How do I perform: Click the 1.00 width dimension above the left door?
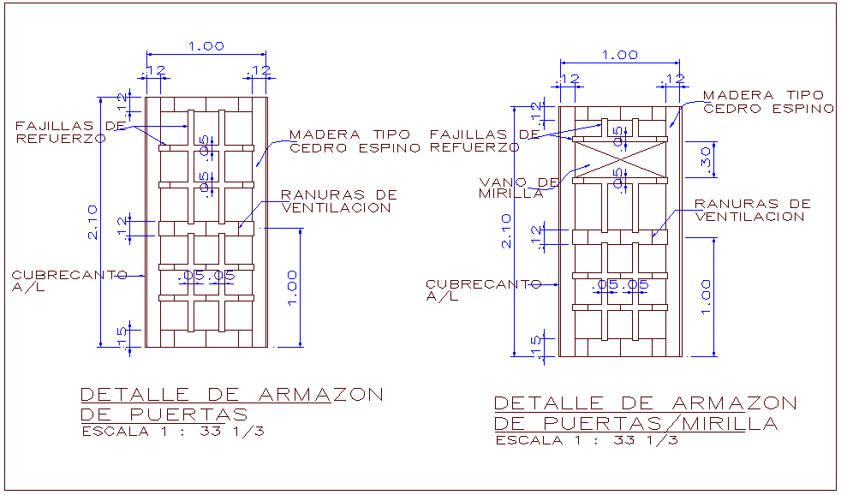[x=206, y=46]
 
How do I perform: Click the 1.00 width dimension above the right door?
[x=620, y=55]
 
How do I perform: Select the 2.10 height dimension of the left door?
[x=95, y=221]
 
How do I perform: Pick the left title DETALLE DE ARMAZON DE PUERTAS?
[x=231, y=404]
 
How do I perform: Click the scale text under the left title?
[x=172, y=432]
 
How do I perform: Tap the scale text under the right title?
[x=587, y=440]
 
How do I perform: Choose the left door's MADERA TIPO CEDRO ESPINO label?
[x=355, y=141]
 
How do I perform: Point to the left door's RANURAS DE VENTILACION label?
[x=339, y=201]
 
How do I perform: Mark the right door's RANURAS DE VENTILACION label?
[x=752, y=211]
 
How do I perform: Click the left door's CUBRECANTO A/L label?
[x=69, y=281]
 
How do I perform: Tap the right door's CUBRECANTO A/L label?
[x=482, y=290]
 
